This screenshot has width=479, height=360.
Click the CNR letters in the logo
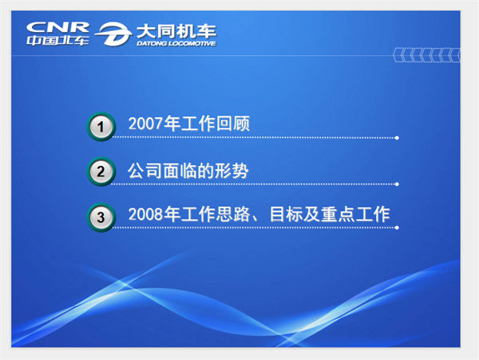(57, 27)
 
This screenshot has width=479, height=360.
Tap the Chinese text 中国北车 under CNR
(57, 40)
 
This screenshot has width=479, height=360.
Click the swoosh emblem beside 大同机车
(113, 34)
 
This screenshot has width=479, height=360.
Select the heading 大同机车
(176, 31)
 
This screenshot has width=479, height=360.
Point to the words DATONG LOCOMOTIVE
(176, 43)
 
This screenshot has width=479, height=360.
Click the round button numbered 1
(101, 127)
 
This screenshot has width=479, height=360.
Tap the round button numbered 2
(101, 172)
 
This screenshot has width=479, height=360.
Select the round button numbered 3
(101, 217)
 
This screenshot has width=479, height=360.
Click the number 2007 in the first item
(145, 124)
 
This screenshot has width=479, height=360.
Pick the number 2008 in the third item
(145, 214)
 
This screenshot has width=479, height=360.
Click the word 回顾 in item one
(233, 124)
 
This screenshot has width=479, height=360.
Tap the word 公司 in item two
(144, 170)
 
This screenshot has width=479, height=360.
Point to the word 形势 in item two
(232, 170)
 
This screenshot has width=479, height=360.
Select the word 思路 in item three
(233, 214)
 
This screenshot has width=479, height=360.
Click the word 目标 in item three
(287, 214)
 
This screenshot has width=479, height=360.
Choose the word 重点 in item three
(338, 214)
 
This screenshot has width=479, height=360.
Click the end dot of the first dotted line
(397, 138)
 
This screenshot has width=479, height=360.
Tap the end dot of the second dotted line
(397, 184)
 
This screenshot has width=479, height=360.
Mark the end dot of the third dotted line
(397, 227)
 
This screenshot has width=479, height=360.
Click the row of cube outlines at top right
(426, 55)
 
